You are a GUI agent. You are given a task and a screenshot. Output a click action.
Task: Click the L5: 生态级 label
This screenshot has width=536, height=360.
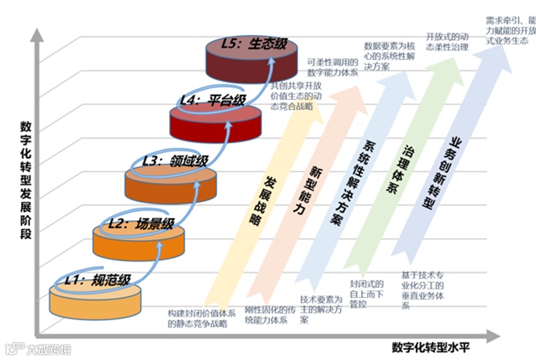(x=250, y=44)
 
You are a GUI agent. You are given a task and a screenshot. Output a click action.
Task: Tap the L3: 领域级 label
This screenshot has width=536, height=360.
(x=176, y=159)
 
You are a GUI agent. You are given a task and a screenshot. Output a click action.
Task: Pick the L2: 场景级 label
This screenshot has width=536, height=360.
(x=140, y=223)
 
